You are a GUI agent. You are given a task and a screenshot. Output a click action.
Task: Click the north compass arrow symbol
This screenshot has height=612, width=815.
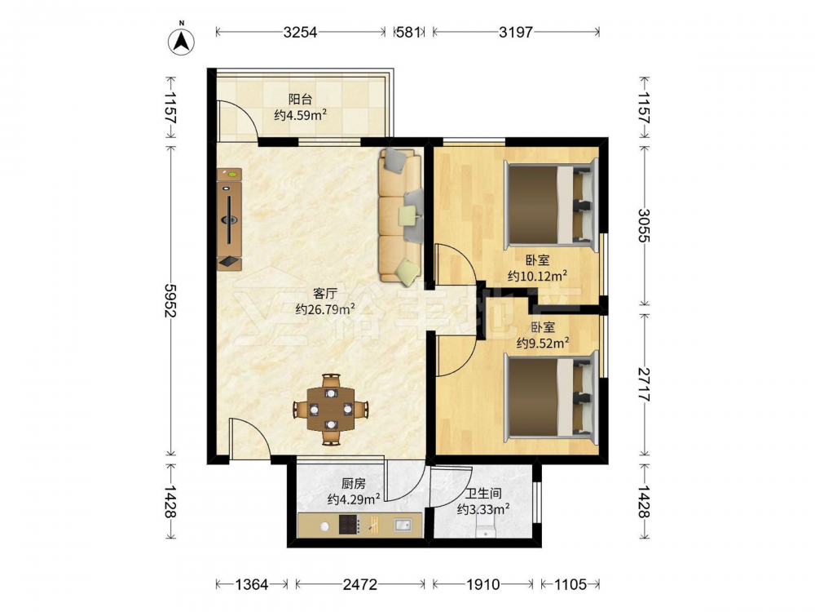click(182, 40)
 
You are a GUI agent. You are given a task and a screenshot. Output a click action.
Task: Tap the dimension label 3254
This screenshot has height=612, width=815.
click(300, 33)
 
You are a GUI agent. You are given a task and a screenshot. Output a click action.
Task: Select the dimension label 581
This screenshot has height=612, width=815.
click(408, 33)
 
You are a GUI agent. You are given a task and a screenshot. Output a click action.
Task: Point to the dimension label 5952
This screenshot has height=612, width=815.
click(170, 300)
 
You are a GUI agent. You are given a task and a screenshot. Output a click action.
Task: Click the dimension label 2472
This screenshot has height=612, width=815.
click(359, 584)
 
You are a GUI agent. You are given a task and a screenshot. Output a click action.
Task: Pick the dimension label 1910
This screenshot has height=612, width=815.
click(482, 584)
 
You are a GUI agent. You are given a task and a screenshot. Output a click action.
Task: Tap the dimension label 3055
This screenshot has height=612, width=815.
click(644, 225)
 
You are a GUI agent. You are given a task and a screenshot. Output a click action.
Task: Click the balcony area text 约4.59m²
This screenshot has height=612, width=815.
click(301, 115)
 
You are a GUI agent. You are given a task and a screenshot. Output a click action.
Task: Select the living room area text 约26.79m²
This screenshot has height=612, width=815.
click(325, 309)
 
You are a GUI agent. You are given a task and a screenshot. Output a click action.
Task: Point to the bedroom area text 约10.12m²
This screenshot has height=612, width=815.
click(537, 276)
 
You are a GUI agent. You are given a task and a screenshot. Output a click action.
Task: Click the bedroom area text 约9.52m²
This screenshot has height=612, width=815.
click(543, 343)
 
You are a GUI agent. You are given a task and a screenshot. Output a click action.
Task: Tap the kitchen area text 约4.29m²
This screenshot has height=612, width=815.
click(354, 499)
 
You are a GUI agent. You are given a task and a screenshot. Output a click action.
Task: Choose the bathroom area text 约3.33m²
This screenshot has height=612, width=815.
click(482, 509)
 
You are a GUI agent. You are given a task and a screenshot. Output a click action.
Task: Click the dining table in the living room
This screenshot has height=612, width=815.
click(331, 409)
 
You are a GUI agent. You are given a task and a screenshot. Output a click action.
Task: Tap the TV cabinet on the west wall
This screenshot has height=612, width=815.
click(229, 219)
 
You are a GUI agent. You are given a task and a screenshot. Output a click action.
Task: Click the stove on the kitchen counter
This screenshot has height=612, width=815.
click(349, 525)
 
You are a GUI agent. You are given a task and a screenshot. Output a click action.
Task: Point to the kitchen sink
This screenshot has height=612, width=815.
click(403, 525)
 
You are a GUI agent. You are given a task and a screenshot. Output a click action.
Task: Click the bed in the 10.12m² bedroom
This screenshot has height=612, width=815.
click(551, 204)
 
